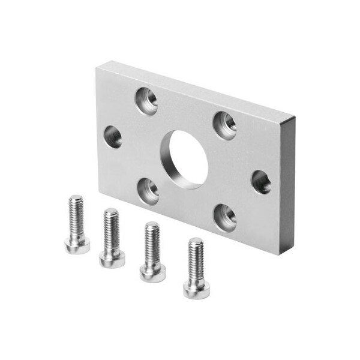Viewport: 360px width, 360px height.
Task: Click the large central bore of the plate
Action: (188, 157)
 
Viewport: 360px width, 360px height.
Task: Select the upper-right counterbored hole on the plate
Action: (225, 125)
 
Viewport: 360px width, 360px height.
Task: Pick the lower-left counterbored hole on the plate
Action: (148, 191)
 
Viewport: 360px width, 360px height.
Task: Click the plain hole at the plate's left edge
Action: (113, 137)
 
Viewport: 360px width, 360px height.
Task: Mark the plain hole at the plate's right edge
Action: (261, 181)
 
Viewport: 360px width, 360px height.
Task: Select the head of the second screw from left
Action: (112, 257)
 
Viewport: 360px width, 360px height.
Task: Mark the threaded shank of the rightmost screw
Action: (196, 260)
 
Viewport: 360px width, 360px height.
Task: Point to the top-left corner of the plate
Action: (97, 68)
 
